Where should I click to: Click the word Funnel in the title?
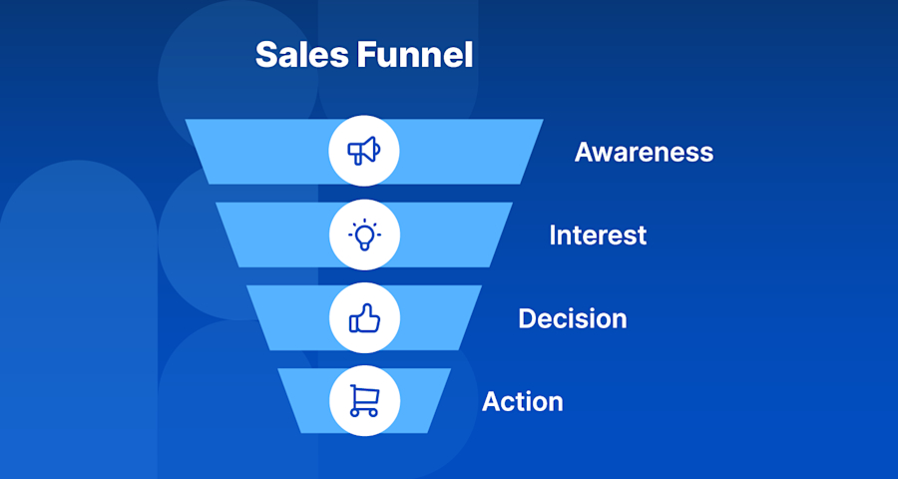click(415, 55)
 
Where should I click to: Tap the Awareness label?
click(644, 153)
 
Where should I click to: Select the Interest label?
click(598, 236)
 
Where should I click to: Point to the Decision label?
click(572, 318)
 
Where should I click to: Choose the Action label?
click(522, 401)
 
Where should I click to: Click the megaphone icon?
click(364, 152)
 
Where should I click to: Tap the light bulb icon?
click(364, 235)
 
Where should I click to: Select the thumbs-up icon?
click(364, 318)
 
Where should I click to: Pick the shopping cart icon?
click(364, 400)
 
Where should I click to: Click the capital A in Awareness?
click(585, 153)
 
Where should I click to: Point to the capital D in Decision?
click(528, 318)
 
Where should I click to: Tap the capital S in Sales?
click(266, 55)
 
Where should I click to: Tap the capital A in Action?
click(492, 401)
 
